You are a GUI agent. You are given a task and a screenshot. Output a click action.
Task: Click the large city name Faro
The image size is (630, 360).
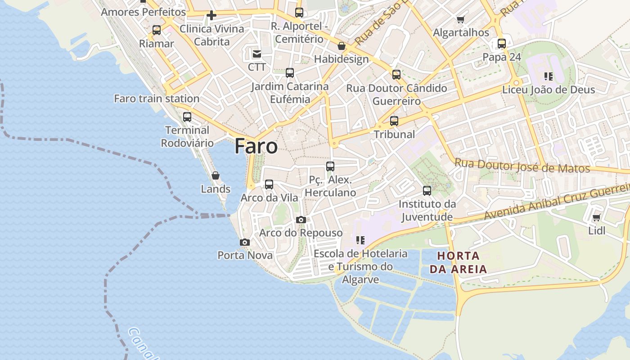point(256,147)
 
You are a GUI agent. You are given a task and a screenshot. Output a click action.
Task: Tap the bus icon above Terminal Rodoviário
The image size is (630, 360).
point(187,117)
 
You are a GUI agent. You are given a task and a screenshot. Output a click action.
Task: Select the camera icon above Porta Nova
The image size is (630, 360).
point(245,243)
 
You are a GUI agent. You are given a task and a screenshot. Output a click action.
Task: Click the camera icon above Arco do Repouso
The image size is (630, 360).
point(301,220)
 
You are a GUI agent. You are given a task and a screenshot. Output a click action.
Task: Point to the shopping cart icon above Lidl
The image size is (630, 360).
point(597,218)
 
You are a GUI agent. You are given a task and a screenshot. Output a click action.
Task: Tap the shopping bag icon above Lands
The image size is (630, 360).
point(216,176)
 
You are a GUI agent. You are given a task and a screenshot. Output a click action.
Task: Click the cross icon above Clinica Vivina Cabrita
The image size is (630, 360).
point(211,16)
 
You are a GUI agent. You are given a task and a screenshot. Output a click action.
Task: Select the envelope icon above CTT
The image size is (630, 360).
point(257,54)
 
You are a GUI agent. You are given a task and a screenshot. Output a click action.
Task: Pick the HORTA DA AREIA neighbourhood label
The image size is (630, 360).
point(458,263)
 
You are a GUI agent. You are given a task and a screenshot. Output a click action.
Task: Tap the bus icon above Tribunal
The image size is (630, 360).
point(394,121)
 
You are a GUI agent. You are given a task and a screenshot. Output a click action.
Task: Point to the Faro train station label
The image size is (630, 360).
point(157,99)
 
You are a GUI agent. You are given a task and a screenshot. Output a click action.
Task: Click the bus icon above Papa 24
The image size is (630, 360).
point(502,44)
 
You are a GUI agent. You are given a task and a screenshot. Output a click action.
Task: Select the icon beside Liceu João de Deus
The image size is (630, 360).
point(548,76)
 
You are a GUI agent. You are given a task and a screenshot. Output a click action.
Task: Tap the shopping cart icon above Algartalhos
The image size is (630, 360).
point(460,20)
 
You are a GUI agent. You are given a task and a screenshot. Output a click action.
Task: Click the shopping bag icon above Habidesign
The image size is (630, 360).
point(342,46)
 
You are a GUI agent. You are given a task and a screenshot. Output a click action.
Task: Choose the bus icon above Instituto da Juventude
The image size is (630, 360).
point(427,191)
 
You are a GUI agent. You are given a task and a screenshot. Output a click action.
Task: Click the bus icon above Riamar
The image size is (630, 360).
point(157,31)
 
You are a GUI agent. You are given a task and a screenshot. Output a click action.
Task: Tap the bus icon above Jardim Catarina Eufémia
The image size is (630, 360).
point(290,73)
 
